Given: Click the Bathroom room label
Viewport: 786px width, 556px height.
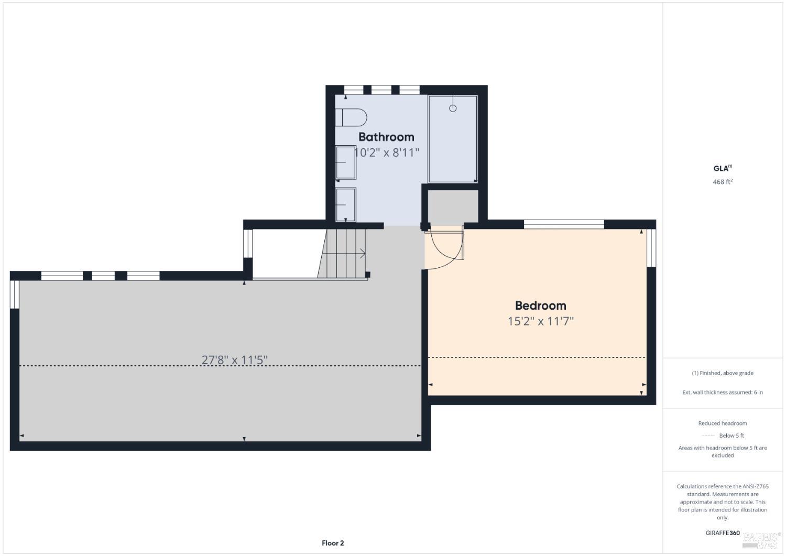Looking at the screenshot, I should click(x=386, y=137).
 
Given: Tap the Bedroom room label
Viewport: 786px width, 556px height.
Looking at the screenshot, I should click(x=540, y=306).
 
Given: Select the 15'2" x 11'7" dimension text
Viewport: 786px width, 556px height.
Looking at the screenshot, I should click(x=540, y=321).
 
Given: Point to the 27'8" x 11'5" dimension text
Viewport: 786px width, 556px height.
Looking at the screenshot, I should click(x=235, y=360).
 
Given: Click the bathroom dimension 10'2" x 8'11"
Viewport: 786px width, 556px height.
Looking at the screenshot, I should click(x=387, y=153).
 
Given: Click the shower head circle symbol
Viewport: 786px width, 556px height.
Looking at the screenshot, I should click(x=453, y=108).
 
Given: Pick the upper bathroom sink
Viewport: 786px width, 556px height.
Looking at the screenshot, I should click(x=346, y=162).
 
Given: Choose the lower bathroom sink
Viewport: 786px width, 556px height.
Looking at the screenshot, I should click(x=346, y=204).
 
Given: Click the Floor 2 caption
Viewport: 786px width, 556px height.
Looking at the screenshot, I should click(x=333, y=543).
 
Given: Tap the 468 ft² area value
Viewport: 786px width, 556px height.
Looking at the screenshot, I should click(x=722, y=182).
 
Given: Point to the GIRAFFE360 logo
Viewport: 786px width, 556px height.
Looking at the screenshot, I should click(x=723, y=533).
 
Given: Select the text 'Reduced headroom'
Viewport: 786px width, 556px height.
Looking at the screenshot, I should click(x=723, y=423).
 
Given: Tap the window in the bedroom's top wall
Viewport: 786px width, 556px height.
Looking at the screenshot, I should click(x=564, y=224).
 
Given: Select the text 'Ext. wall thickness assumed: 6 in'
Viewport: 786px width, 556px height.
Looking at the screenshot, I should click(x=723, y=392).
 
